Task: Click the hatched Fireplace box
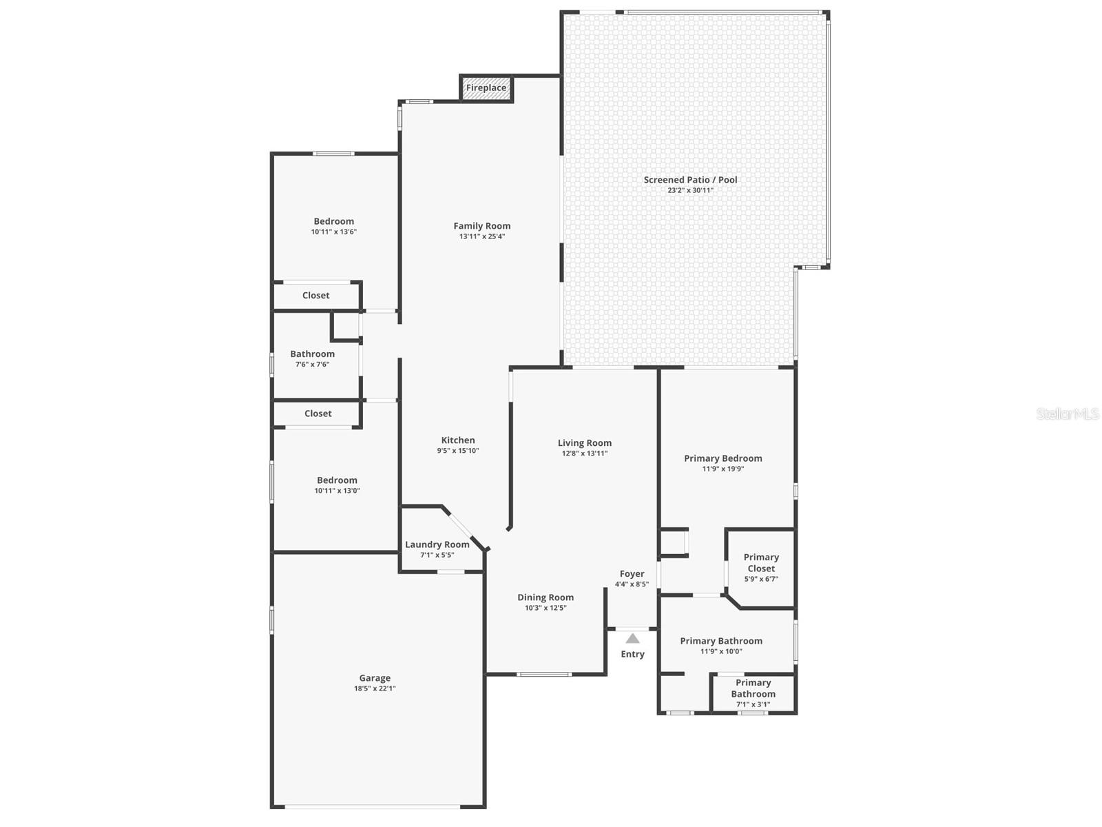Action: [x=486, y=88]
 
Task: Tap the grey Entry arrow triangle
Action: [x=632, y=638]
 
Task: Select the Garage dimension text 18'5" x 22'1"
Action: [x=375, y=688]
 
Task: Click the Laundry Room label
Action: [x=437, y=544]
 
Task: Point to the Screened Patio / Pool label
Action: [x=690, y=180]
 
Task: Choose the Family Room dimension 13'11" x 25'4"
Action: [x=482, y=236]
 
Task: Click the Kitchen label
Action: [x=458, y=440]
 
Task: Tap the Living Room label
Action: [x=584, y=443]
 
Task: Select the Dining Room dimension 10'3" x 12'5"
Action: [x=545, y=608]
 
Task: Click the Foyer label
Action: [x=632, y=574]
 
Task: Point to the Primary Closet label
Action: [x=761, y=563]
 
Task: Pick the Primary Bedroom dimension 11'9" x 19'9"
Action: [x=723, y=469]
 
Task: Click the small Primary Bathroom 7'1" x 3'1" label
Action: [x=753, y=693]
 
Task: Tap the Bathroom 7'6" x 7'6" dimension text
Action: [x=312, y=365]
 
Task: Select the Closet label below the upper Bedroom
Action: [x=315, y=295]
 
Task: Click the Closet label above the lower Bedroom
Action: [x=318, y=413]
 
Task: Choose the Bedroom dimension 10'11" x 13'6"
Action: [x=334, y=232]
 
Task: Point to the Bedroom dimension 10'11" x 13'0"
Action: [x=337, y=491]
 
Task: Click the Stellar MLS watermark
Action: [x=1068, y=413]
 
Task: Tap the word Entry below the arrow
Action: [x=632, y=654]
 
